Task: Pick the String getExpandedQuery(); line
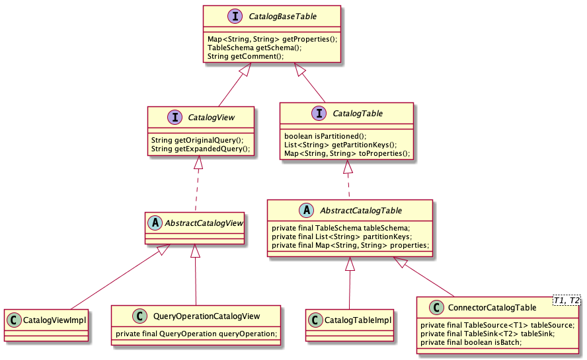[200, 149]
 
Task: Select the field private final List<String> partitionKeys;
[341, 236]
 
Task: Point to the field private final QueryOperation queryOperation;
[196, 334]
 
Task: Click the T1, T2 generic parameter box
[566, 300]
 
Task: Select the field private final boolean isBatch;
[470, 343]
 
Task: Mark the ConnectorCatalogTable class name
[492, 308]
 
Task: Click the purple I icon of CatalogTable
[319, 113]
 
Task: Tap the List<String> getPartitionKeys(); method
[340, 145]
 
